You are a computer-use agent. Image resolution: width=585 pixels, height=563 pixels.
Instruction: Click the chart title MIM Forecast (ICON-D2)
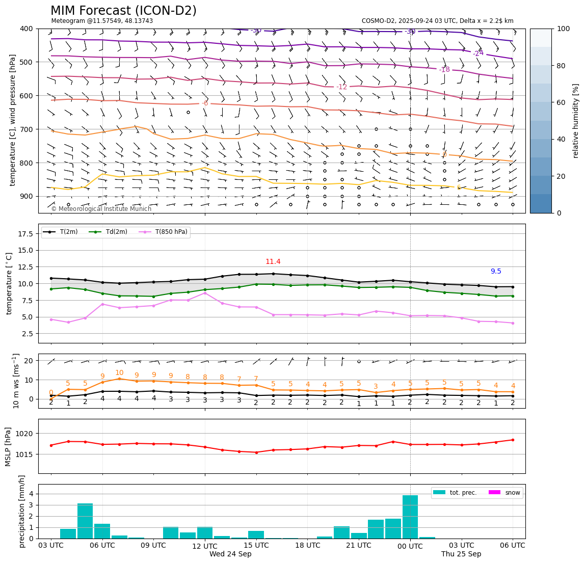point(123,11)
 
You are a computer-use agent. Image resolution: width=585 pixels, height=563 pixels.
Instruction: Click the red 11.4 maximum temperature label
point(273,262)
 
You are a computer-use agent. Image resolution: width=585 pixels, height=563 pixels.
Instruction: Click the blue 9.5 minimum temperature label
point(496,272)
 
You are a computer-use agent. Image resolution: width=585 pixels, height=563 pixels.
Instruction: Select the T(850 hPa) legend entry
point(166,232)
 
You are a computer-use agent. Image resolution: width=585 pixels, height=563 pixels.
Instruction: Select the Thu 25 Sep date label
point(461,554)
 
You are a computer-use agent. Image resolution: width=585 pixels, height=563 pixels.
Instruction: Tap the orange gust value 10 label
point(119,373)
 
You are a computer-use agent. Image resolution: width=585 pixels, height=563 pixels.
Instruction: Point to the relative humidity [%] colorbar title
point(576,121)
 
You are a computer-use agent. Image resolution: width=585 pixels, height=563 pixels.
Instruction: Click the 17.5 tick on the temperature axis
point(25,234)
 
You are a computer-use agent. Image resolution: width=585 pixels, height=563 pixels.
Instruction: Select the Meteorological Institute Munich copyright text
point(101,209)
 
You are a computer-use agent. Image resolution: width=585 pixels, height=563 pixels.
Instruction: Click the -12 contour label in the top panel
point(341,87)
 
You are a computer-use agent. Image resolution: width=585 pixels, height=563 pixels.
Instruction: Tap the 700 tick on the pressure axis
point(25,129)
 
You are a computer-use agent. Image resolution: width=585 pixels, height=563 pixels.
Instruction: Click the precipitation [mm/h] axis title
point(22,511)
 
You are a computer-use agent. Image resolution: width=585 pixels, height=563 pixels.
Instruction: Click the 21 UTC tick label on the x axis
point(359,545)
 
